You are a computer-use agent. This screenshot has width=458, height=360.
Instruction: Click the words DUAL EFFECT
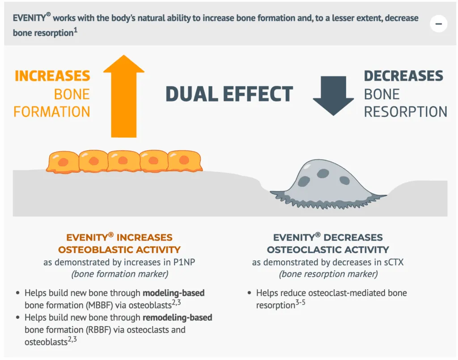click(229, 94)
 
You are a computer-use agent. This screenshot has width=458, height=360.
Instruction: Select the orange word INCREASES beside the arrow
click(52, 76)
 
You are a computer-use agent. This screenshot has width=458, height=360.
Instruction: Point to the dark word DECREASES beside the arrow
click(403, 76)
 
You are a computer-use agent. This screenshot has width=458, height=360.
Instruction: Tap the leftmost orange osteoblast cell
click(63, 161)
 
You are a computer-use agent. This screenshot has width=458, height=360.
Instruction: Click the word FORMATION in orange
click(52, 111)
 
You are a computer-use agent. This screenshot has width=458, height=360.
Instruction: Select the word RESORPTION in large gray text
click(405, 112)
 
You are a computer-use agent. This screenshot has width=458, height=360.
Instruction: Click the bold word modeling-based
click(174, 293)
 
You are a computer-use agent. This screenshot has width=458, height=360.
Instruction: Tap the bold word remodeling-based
click(177, 318)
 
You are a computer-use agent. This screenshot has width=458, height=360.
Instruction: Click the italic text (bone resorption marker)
click(328, 274)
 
